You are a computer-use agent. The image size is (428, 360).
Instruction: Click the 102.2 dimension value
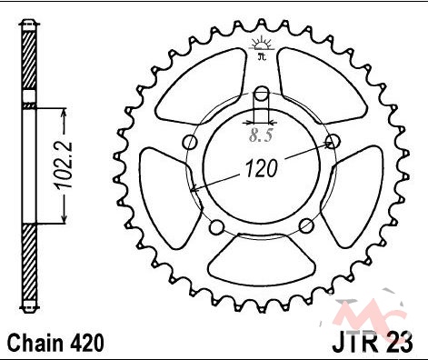(x=64, y=165)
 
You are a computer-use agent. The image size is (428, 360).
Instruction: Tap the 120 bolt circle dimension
(x=261, y=168)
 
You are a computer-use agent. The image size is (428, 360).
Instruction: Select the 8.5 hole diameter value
(x=261, y=135)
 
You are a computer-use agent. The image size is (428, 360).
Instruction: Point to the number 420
(x=87, y=344)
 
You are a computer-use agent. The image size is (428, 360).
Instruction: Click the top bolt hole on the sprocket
(x=261, y=94)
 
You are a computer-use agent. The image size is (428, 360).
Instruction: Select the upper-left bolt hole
(x=191, y=142)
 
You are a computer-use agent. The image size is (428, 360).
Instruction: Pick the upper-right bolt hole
(x=333, y=141)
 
